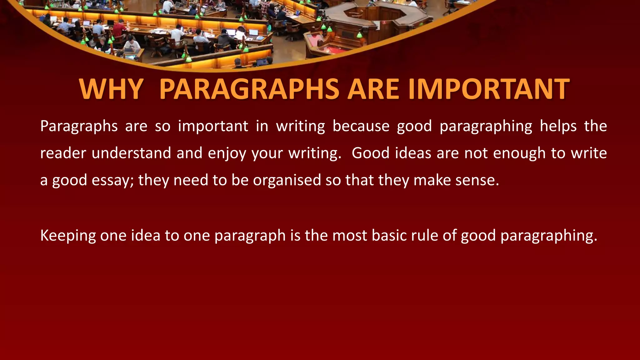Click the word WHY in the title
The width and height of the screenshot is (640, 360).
(111, 89)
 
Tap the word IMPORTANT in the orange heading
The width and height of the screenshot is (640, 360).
(489, 89)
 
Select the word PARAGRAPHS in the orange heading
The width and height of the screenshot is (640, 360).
(249, 89)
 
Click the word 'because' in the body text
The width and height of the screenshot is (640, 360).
(361, 126)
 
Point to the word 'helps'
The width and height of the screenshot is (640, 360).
(558, 126)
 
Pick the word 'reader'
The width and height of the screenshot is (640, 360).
(63, 153)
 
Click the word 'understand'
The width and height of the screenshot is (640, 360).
(131, 153)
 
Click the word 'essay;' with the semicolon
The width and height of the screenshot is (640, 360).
(112, 181)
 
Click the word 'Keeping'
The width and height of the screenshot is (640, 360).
(68, 236)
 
